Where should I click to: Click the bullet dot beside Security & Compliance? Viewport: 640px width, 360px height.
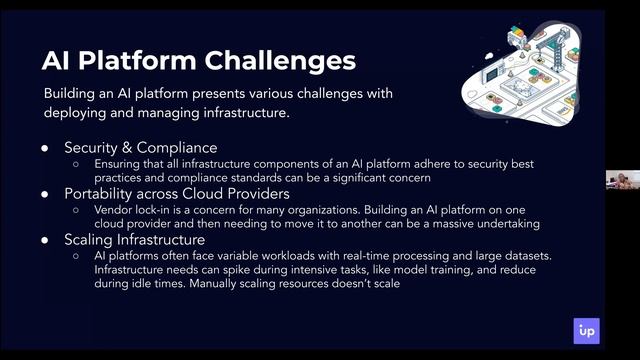[45, 148]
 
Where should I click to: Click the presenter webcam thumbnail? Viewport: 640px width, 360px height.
[621, 180]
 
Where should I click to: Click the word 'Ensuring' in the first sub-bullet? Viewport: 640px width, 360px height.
[118, 164]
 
